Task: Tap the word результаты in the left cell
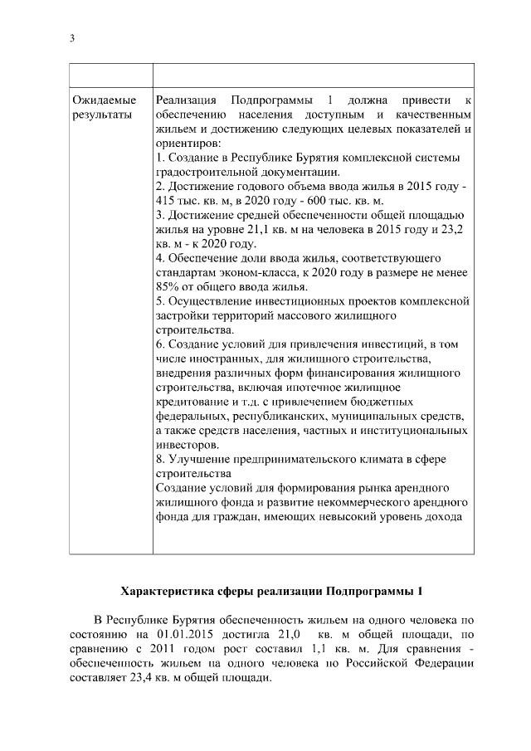point(102,115)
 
